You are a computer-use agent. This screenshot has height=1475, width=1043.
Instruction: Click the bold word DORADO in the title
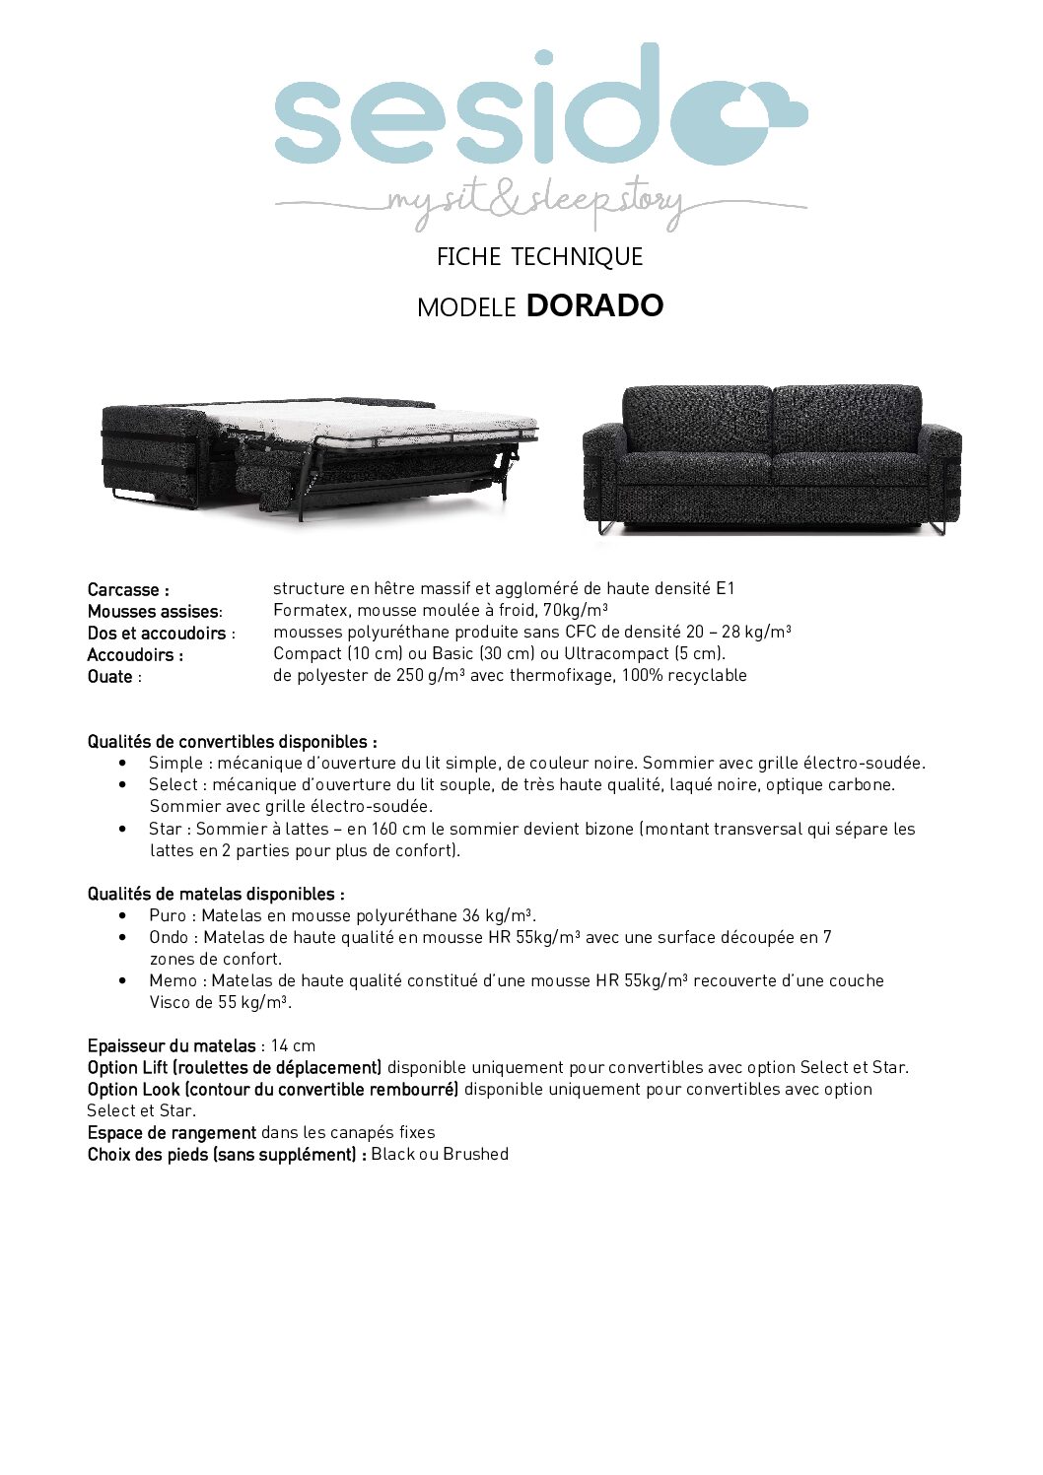[594, 305]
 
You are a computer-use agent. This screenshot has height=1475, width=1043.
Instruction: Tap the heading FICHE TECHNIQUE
[539, 257]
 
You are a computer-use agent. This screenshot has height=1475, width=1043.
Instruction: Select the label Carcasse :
[128, 590]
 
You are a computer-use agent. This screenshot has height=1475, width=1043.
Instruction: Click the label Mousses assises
[153, 612]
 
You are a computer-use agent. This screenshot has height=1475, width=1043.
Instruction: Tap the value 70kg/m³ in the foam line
[575, 610]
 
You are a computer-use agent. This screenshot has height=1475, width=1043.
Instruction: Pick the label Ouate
[110, 677]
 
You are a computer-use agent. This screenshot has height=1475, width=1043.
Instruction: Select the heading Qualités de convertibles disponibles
[232, 742]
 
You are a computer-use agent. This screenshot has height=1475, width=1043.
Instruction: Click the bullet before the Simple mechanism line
[122, 763]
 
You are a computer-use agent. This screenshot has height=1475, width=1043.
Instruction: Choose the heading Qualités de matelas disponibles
[216, 894]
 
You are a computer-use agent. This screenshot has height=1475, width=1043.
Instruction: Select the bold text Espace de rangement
[172, 1132]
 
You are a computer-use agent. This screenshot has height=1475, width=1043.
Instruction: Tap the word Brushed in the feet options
[475, 1154]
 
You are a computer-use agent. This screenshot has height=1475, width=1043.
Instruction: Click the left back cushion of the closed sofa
[696, 419]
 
